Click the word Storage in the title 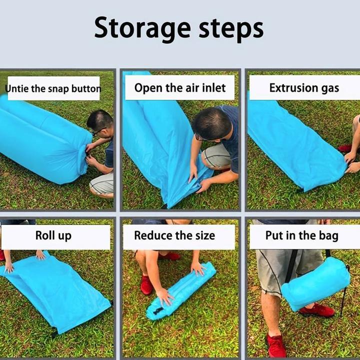(142, 28)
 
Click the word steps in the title (231, 29)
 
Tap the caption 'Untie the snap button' (53, 88)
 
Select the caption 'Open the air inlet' (180, 88)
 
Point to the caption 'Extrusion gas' (304, 88)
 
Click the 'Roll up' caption (53, 236)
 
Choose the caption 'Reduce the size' (174, 235)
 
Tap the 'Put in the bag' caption (301, 236)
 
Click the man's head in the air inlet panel (211, 124)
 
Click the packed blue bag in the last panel (315, 283)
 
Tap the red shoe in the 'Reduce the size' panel (146, 285)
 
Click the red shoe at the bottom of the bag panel (276, 346)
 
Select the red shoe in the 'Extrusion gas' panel (345, 148)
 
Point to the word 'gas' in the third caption (330, 89)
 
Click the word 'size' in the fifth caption (205, 236)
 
